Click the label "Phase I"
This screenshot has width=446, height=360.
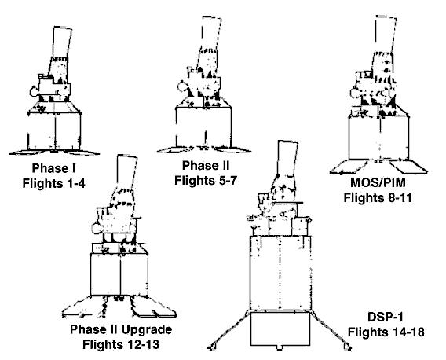pos(53,168)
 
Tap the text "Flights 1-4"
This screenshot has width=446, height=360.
pos(53,183)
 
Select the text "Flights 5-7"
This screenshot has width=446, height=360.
pos(206,180)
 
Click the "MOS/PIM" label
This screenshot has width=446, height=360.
pos(378,182)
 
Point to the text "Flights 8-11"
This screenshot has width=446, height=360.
pos(378,197)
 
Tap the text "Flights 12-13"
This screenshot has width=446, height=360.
pos(121,344)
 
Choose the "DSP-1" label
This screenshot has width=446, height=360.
pos(386,317)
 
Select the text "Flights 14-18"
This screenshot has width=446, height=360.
pos(386,332)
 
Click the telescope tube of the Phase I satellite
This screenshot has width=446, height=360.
pos(61,42)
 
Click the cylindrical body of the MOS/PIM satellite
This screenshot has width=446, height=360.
pos(378,138)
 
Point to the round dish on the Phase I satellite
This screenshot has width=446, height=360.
pos(34,91)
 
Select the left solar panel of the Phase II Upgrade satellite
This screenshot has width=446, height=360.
pos(84,307)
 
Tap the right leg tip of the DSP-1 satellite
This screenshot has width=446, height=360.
pos(348,347)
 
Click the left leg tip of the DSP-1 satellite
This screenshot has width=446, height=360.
pos(211,347)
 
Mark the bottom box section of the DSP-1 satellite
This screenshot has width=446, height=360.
pos(280,329)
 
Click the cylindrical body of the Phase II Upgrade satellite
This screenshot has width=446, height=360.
pos(119,275)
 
